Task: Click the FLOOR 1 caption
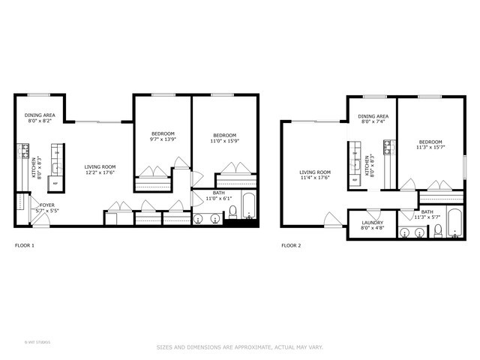[x=25, y=245]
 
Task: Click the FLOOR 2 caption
[x=290, y=245]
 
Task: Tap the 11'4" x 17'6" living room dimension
[x=315, y=178]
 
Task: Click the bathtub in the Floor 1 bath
[x=249, y=205]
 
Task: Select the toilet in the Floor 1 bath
[x=232, y=211]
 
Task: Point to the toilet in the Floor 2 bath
[x=437, y=232]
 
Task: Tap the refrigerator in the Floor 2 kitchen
[x=355, y=179]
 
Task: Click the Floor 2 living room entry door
[x=331, y=219]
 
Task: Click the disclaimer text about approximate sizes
[x=239, y=346]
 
